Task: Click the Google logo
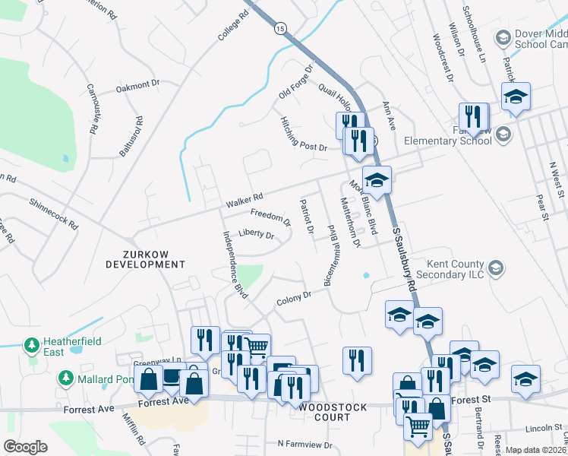(26, 447)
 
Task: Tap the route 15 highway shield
(281, 28)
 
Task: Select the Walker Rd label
(244, 203)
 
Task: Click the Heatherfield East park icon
(32, 347)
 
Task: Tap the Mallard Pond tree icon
(66, 378)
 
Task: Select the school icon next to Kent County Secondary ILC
(496, 268)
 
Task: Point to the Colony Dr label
(295, 296)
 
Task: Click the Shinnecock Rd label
(53, 214)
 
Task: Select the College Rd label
(233, 26)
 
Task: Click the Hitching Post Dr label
(303, 135)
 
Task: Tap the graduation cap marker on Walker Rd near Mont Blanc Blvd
(377, 181)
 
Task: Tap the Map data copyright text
(536, 450)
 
